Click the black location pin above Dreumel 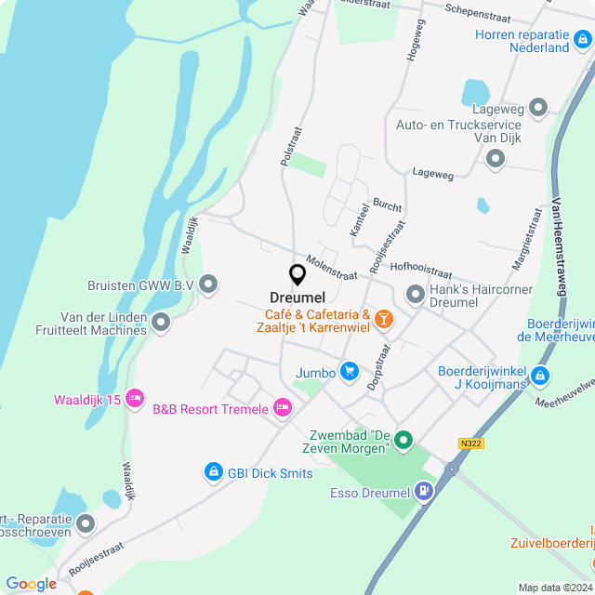pos(297,274)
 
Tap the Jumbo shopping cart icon pos(350,372)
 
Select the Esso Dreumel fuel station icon pos(424,491)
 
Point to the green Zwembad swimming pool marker pos(403,440)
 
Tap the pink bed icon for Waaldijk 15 pos(135,398)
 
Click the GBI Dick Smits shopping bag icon pos(213,473)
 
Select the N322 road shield pos(471,443)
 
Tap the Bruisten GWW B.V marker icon pos(208,284)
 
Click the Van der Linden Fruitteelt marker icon pos(162,323)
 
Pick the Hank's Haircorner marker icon pos(416,296)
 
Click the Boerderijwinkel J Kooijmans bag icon pos(540,377)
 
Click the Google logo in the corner pos(32,583)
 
